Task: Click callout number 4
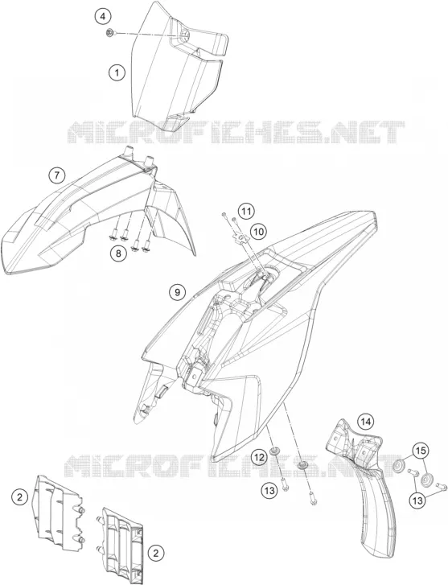(x=103, y=17)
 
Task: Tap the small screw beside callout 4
(x=110, y=34)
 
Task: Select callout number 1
(x=117, y=72)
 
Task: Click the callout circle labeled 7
(x=56, y=175)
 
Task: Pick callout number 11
(x=246, y=212)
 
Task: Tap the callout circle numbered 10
(x=258, y=232)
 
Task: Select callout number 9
(x=177, y=292)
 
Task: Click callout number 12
(x=260, y=457)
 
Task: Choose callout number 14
(x=366, y=422)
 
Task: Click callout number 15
(x=421, y=451)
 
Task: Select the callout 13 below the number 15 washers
(x=418, y=500)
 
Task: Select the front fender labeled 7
(x=93, y=216)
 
